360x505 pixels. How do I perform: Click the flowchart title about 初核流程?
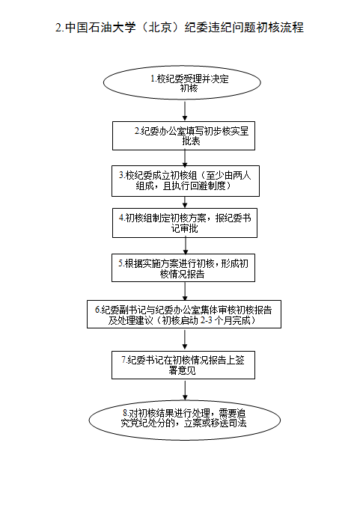click(180, 28)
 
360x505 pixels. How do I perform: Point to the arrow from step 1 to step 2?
click(185, 111)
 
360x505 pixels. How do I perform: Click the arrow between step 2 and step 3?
click(185, 158)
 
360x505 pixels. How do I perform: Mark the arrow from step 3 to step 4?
click(185, 202)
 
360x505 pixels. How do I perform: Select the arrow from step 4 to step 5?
click(186, 245)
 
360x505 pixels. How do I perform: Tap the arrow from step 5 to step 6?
click(185, 291)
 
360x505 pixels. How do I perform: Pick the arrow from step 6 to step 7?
click(185, 340)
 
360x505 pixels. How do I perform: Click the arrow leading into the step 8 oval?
click(185, 391)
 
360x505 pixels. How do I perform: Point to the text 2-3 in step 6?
click(206, 320)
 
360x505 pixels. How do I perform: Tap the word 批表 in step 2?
click(191, 141)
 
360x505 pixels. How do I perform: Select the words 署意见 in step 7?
click(182, 370)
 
